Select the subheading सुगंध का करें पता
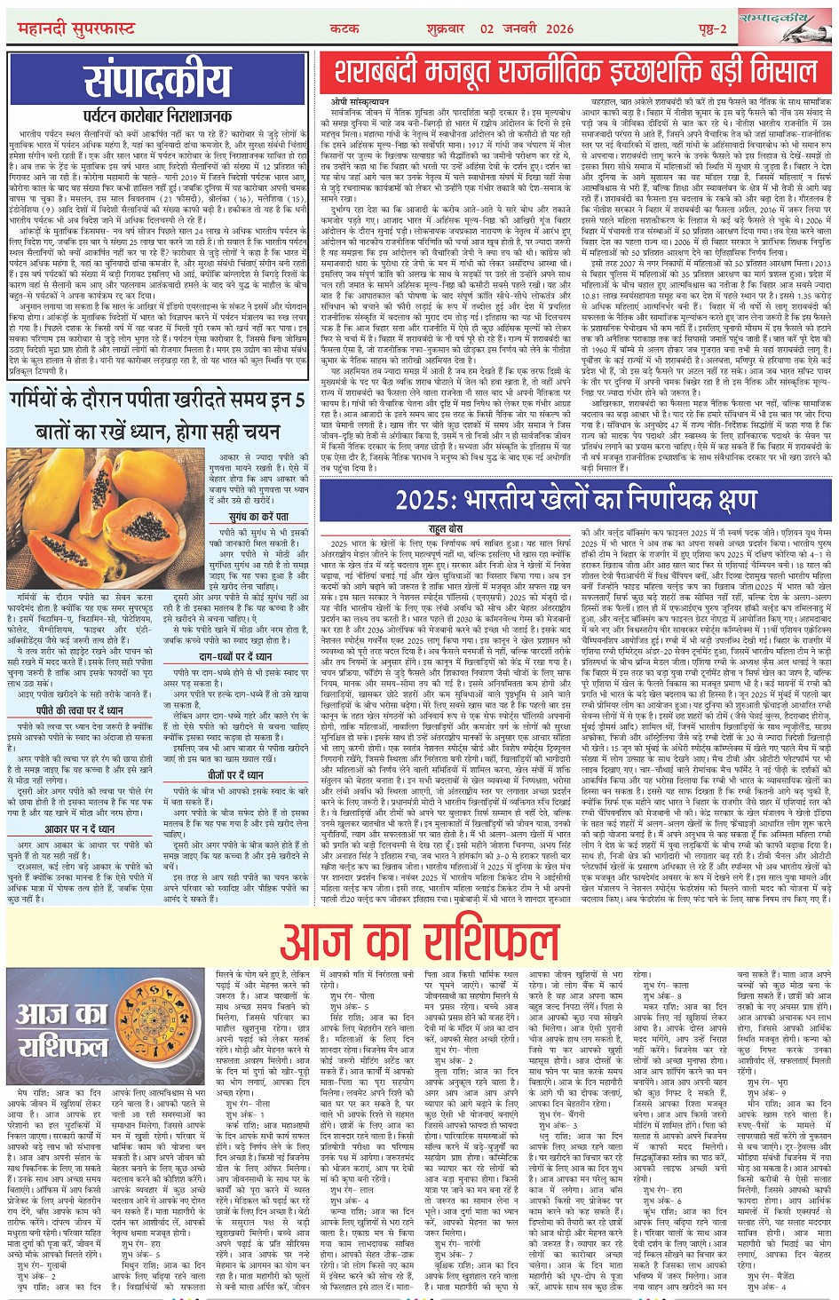pyautogui.click(x=258, y=515)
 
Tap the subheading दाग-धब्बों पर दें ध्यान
pyautogui.click(x=235, y=655)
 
